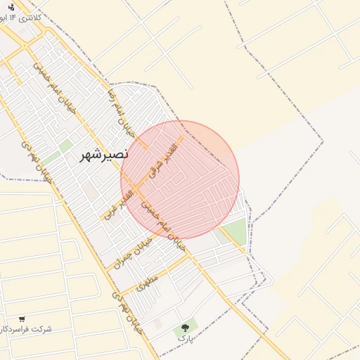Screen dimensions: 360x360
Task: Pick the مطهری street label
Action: pos(148,283)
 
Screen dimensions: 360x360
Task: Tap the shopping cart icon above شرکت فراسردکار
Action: pos(22,319)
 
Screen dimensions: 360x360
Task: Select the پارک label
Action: pos(185,338)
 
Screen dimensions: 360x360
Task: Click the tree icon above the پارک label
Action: pos(186,328)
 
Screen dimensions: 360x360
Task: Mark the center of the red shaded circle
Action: pos(180,180)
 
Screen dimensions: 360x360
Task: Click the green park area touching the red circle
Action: pos(235,231)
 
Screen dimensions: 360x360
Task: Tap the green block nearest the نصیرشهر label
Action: pos(65,146)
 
